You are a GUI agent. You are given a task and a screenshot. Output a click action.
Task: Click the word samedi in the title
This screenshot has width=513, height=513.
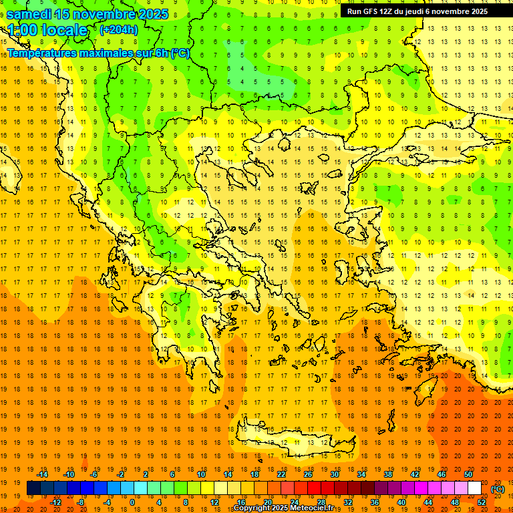tap(30, 14)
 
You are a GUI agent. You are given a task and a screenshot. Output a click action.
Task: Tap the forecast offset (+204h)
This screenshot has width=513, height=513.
tap(119, 29)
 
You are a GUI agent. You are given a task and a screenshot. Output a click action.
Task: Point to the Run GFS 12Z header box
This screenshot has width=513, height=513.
tap(417, 11)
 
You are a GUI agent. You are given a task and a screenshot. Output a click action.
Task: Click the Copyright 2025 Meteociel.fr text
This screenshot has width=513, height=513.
tap(283, 508)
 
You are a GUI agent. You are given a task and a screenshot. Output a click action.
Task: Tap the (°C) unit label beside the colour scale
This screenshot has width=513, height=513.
tap(498, 489)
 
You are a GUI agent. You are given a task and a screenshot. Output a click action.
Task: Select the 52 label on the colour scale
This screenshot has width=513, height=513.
tap(482, 502)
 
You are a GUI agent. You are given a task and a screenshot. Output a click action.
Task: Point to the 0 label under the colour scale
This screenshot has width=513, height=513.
tap(132, 502)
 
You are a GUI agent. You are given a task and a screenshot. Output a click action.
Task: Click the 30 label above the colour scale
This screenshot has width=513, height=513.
tap(334, 474)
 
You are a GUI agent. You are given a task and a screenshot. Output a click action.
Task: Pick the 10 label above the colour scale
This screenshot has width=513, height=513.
tap(200, 474)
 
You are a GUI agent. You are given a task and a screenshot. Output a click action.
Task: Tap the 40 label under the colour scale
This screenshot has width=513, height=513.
tap(401, 502)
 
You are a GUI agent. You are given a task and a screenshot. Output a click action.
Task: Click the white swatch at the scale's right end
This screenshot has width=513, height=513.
tap(474, 488)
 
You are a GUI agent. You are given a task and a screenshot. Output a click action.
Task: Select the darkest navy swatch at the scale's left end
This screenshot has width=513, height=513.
tap(33, 488)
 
